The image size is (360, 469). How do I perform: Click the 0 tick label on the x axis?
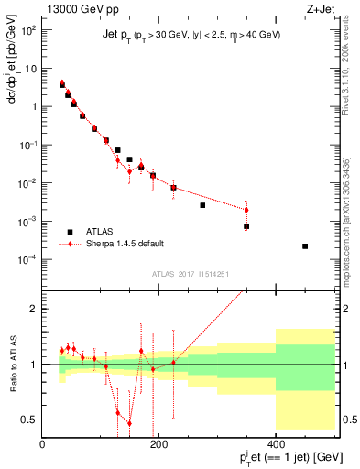[x=43, y=443]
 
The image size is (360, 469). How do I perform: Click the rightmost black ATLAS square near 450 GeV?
[x=305, y=246]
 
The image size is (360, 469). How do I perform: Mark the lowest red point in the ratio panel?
[x=129, y=423]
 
